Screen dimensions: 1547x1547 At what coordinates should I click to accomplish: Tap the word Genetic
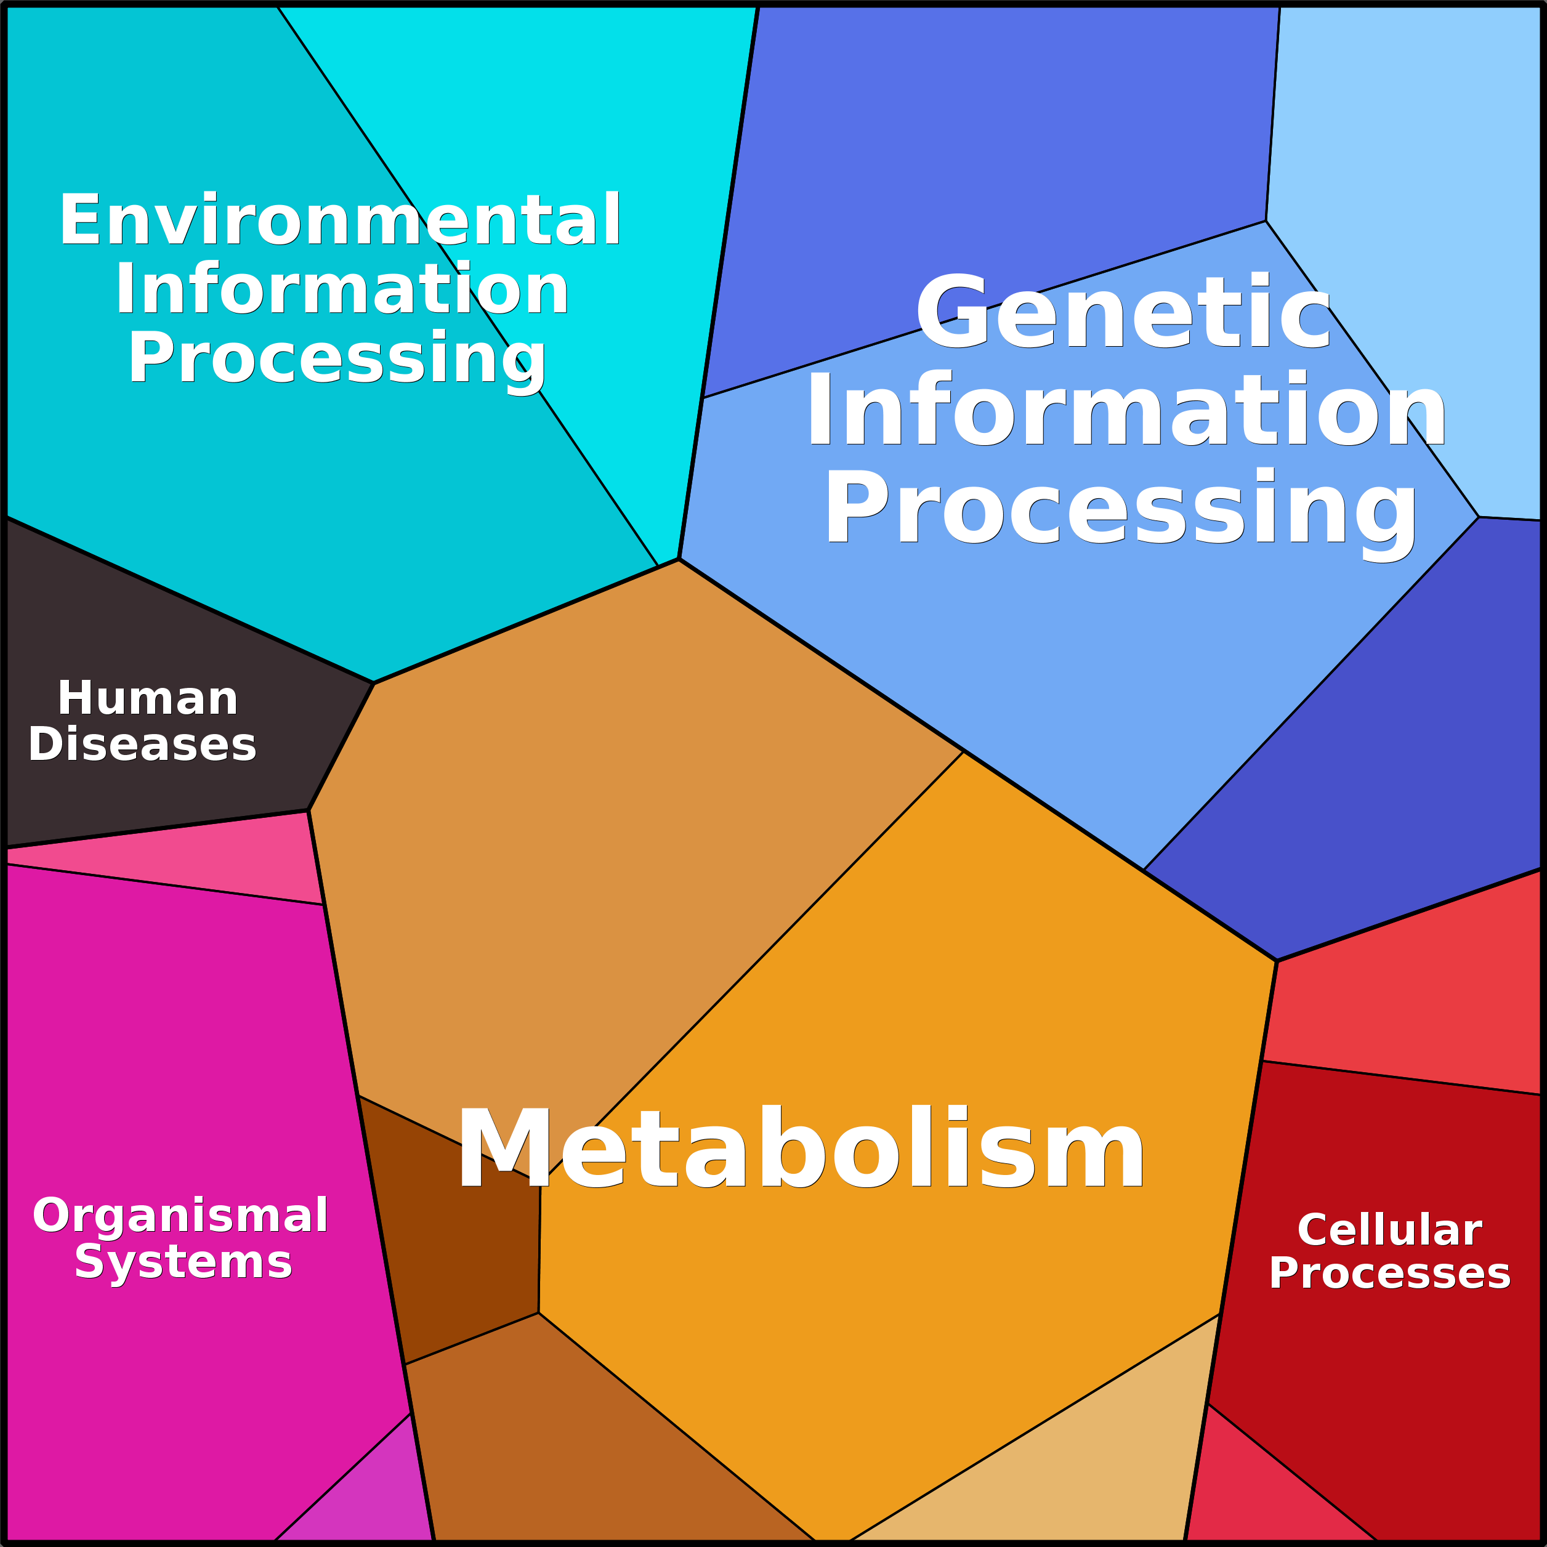click(1123, 312)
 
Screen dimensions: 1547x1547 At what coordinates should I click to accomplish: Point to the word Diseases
click(142, 744)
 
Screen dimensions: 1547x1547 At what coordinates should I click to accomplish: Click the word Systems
click(184, 1262)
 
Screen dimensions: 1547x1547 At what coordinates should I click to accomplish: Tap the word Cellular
click(1389, 1229)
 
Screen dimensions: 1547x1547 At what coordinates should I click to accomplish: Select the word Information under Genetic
click(1126, 409)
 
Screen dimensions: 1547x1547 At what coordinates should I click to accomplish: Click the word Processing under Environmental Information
click(337, 358)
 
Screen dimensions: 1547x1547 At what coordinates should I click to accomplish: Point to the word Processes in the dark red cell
click(1389, 1273)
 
